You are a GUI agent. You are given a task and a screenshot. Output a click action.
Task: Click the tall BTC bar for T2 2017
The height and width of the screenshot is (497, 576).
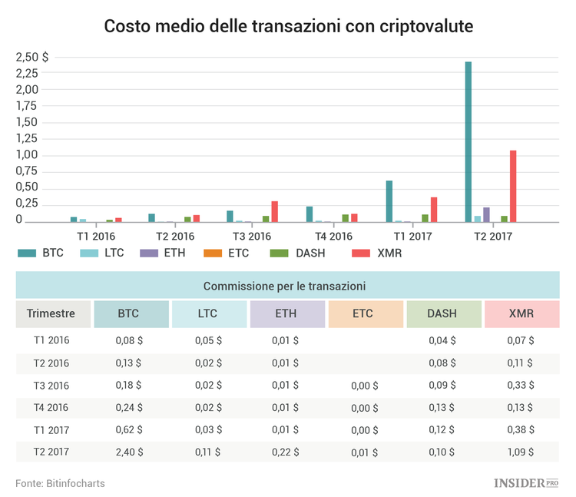pyautogui.click(x=468, y=142)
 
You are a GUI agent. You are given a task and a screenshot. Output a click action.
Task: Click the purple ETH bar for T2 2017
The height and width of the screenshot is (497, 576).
pyautogui.click(x=486, y=214)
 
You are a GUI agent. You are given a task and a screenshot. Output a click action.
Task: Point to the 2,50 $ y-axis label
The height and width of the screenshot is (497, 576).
pyautogui.click(x=32, y=57)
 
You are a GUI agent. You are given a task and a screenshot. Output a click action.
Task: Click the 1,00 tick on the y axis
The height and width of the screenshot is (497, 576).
pyautogui.click(x=27, y=155)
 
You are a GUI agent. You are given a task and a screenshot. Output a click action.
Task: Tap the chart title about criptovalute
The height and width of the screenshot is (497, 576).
pyautogui.click(x=288, y=27)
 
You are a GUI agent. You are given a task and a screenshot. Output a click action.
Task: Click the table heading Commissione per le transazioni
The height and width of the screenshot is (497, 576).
pyautogui.click(x=283, y=286)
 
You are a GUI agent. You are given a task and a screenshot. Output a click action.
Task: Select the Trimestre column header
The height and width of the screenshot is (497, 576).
pyautogui.click(x=51, y=313)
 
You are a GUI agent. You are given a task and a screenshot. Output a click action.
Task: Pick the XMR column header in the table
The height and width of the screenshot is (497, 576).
pyautogui.click(x=521, y=313)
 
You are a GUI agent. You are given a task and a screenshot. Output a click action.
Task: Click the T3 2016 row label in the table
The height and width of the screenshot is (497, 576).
pyautogui.click(x=51, y=385)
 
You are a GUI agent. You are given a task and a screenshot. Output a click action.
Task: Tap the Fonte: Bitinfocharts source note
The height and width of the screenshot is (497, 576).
pyautogui.click(x=60, y=483)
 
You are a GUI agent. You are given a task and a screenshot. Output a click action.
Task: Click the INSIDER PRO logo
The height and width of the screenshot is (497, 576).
pyautogui.click(x=526, y=482)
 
